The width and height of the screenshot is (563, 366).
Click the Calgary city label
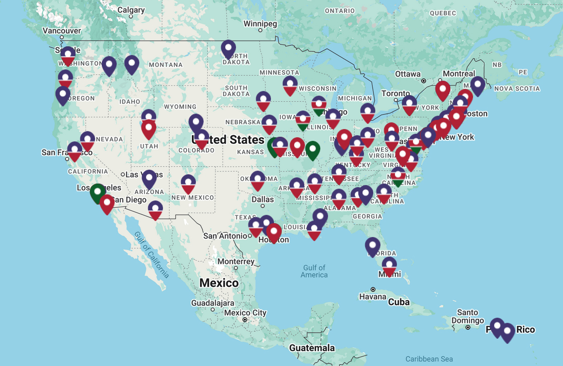coord(131,10)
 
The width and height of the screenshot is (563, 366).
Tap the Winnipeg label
coord(260,24)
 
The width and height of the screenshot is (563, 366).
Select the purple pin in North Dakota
coord(228,49)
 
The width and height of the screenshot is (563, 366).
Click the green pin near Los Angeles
coord(98,193)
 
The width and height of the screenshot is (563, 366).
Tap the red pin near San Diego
coord(107,204)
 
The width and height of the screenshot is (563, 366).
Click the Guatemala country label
coord(312,348)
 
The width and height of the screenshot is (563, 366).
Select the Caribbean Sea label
coord(429,359)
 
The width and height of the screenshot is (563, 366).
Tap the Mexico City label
coord(245,313)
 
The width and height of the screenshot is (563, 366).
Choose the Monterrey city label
coord(235,261)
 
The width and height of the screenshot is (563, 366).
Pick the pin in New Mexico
coord(188,184)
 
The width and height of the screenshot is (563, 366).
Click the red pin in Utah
coord(149,129)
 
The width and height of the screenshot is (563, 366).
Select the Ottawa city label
coord(408,74)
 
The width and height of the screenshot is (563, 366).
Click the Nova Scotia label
coord(517,88)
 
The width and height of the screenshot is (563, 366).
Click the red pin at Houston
coord(274,232)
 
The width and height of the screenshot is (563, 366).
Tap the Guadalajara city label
coord(212,303)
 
